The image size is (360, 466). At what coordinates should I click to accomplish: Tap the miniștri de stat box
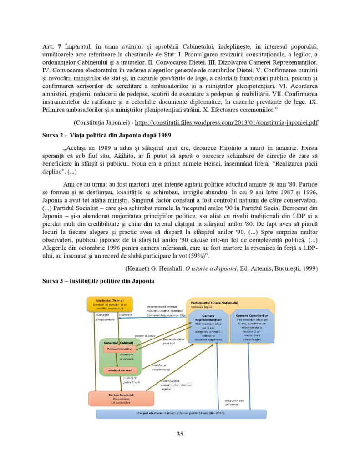coord(119,370)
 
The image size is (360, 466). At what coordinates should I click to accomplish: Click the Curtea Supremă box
coord(121,398)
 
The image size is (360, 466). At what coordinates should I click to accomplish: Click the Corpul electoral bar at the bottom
coord(181,414)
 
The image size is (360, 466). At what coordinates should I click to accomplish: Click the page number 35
coord(180,434)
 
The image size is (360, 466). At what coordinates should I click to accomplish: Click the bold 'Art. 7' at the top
coord(51,47)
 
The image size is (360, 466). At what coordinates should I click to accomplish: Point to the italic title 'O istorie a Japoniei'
coord(211,268)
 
